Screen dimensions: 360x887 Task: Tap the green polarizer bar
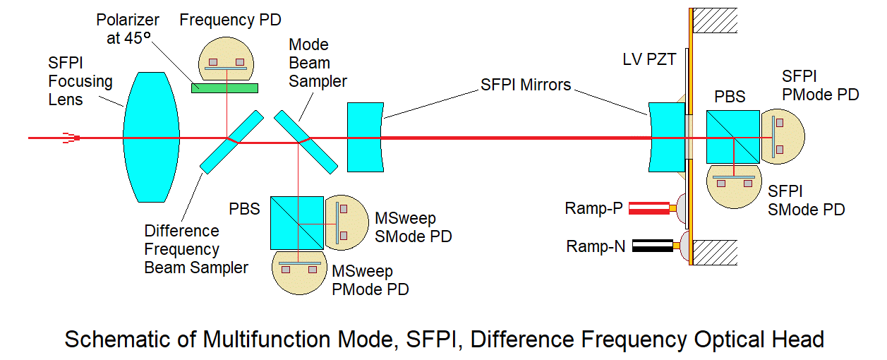224,88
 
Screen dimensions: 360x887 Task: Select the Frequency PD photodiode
225,59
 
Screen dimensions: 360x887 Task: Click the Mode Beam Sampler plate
305,141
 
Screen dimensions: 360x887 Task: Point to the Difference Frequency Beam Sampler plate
231,142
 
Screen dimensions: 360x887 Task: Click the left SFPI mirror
364,137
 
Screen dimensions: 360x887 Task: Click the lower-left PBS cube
297,222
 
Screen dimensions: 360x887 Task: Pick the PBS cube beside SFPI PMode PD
732,136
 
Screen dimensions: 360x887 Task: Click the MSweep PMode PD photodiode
298,272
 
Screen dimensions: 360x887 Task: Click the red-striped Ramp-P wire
649,208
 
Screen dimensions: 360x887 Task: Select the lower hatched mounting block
716,252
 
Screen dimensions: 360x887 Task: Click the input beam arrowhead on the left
71,138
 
